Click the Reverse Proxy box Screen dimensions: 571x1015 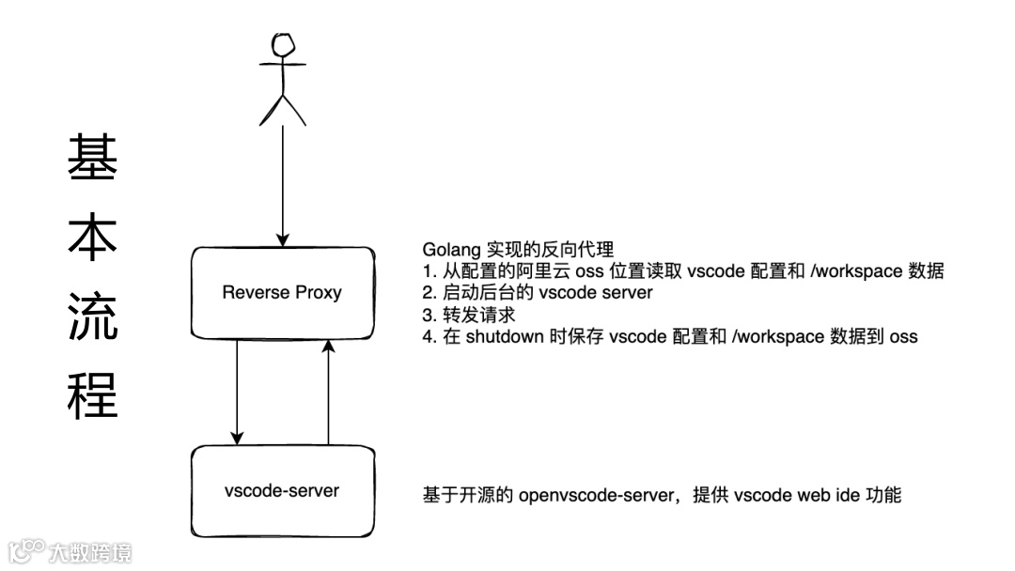282,292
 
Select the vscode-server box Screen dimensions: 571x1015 282,490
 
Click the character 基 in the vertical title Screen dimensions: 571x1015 92,157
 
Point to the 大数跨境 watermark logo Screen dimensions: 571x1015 70,550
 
